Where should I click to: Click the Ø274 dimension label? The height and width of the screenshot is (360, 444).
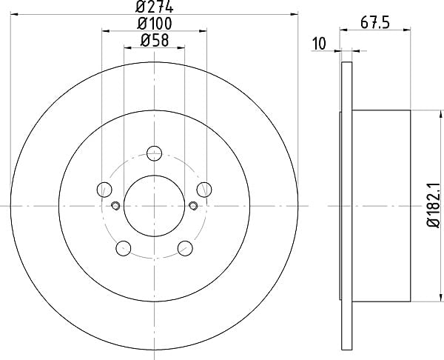[154, 7]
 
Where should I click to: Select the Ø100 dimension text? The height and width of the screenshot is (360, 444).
[155, 24]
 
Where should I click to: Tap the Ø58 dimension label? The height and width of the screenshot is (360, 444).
[155, 40]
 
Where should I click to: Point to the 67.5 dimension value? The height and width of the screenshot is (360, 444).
[375, 23]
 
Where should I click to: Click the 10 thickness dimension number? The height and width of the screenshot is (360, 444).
[319, 44]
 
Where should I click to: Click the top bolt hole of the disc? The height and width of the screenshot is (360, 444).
[155, 153]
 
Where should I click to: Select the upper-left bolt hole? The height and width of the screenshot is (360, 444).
[104, 190]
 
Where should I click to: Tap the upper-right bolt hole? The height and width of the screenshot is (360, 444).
[204, 190]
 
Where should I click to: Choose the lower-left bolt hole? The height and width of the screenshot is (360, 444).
[124, 248]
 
